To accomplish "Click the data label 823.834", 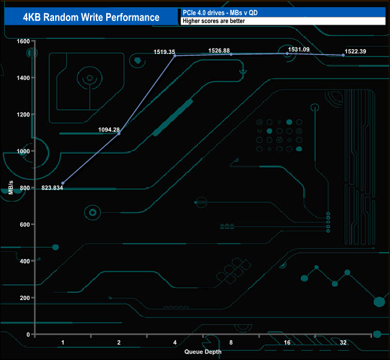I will point(52,188).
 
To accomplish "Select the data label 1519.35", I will point(164,52).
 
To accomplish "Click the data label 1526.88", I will point(219,51).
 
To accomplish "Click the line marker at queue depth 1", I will point(63,183).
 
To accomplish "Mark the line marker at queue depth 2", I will point(119,133).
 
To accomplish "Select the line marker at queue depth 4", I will point(175,56).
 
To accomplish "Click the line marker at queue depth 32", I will point(343,55).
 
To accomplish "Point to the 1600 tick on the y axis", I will point(23,41).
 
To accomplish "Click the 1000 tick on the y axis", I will point(23,151).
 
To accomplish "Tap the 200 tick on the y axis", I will point(24,298).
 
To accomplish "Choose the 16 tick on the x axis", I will point(287,343).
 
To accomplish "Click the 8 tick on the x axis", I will point(231,343).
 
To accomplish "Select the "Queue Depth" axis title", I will point(203,352).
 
